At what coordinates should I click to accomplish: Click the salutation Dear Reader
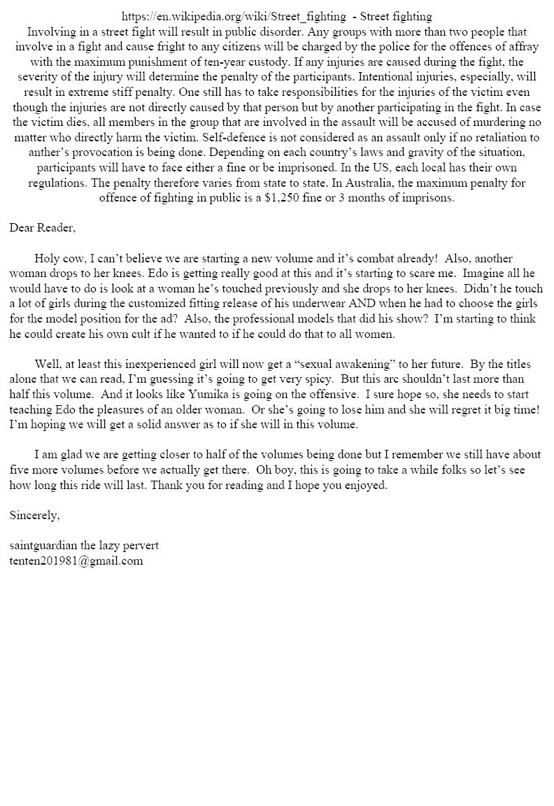[x=42, y=227]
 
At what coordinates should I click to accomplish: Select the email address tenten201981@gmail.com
[x=76, y=560]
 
